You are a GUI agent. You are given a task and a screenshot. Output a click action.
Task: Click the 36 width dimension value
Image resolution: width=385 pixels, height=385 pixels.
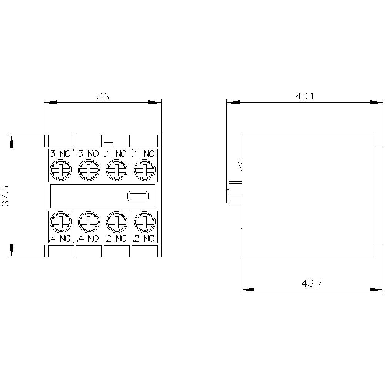[x=103, y=96]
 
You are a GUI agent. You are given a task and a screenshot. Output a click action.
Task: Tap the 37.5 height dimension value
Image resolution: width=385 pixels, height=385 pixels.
[x=5, y=196]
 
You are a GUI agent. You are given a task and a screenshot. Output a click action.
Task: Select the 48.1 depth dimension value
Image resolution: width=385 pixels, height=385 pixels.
[x=305, y=96]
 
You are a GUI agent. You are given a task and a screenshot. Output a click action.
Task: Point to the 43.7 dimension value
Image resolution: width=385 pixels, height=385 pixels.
[x=311, y=283]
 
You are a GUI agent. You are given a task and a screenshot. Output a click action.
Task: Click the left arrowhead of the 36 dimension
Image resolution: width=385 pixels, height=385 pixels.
[x=50, y=102]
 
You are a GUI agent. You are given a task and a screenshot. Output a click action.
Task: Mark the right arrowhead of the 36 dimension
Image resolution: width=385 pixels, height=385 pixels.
[x=155, y=102]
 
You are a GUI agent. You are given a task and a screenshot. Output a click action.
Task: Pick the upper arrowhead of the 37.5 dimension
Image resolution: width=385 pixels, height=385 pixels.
[x=12, y=142]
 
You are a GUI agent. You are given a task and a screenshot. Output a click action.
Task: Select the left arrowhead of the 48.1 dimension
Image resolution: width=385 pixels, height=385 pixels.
[x=233, y=102]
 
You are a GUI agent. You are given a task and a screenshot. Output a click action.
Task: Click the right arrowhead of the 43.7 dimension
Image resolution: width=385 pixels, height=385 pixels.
[x=377, y=290]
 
